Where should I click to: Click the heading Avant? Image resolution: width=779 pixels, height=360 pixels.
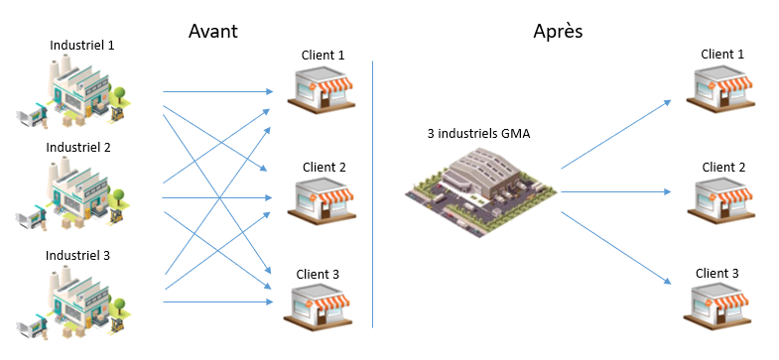213,31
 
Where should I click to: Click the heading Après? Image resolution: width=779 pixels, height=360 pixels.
558,31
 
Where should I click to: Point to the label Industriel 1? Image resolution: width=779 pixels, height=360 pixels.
81,46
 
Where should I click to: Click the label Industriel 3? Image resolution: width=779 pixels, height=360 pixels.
78,255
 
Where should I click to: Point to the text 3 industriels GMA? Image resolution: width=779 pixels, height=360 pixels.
478,133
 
